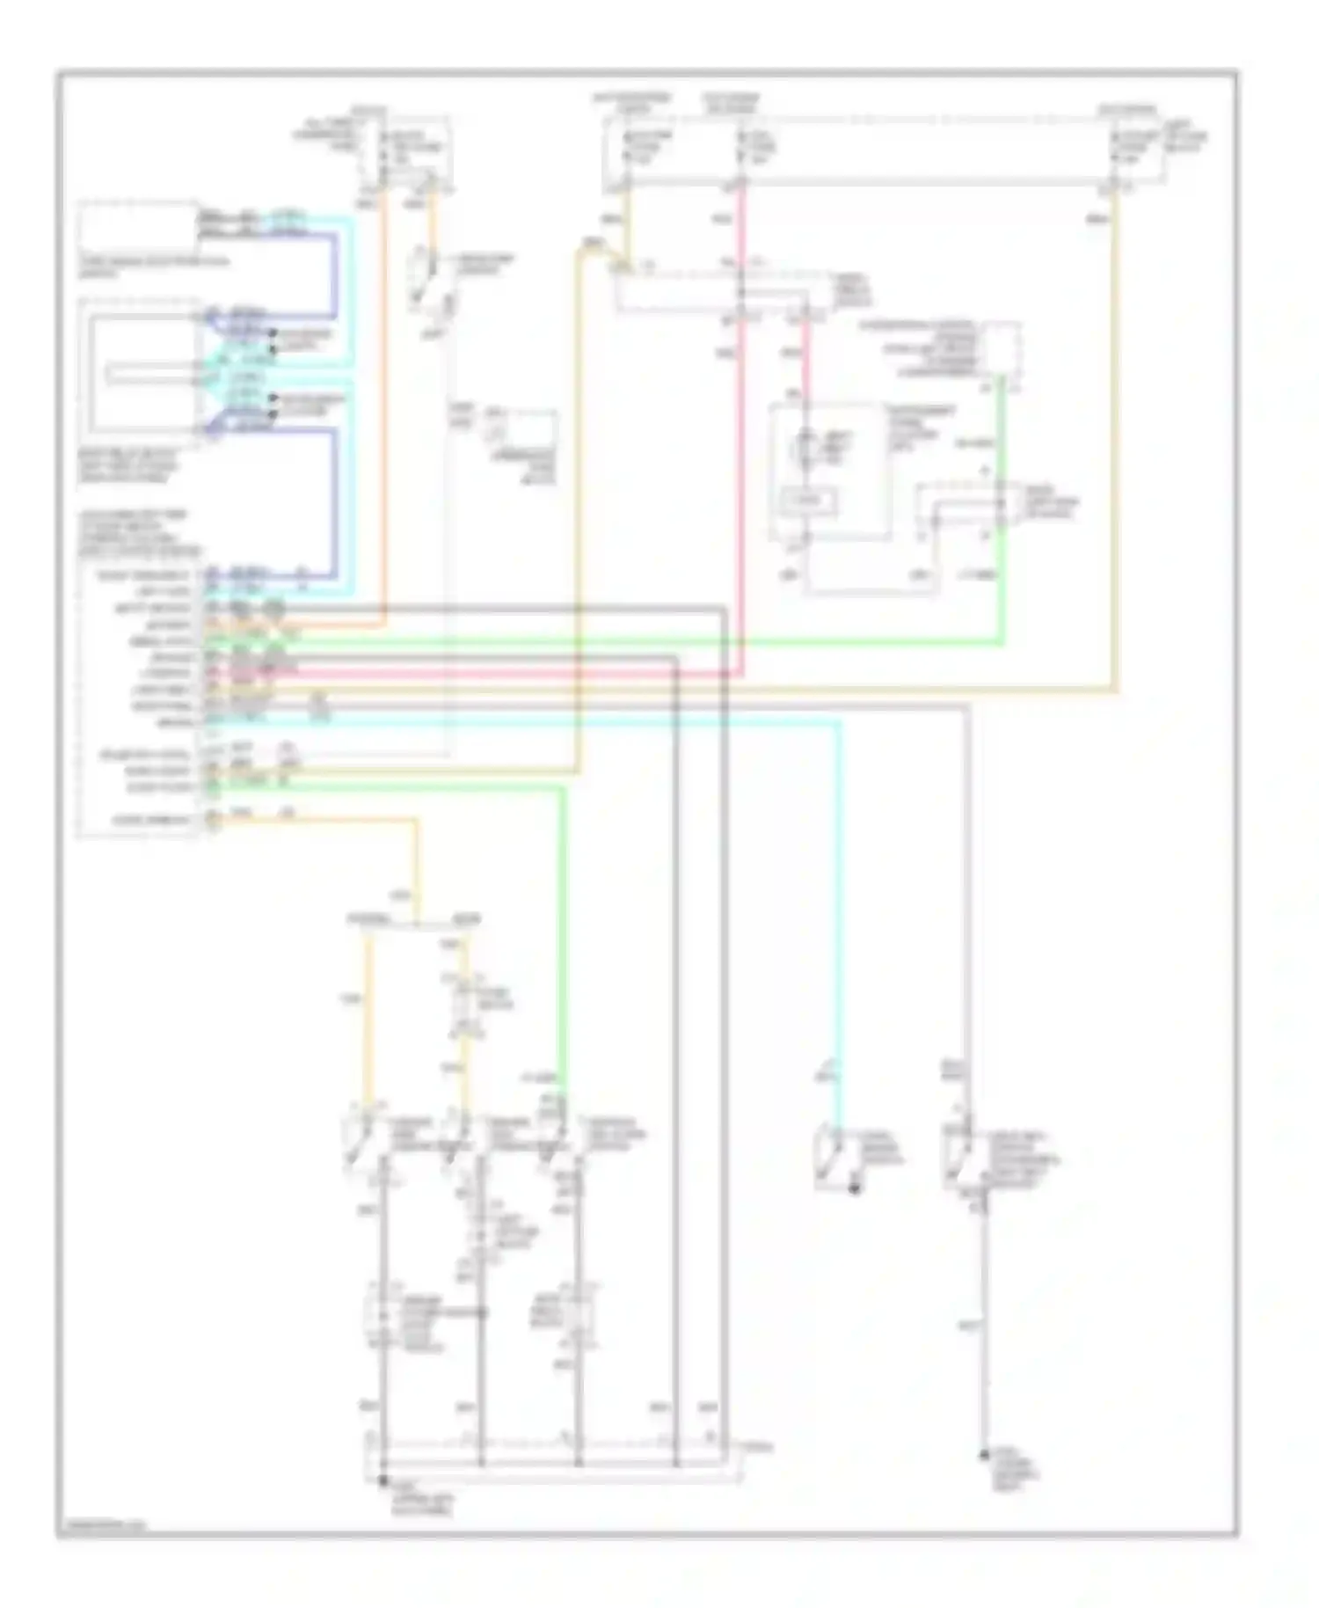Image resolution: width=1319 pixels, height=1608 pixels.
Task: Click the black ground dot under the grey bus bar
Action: click(x=383, y=1481)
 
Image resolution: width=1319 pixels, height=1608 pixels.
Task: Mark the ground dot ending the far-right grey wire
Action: click(x=985, y=1457)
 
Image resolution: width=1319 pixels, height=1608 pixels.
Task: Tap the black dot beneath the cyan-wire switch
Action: click(x=851, y=1189)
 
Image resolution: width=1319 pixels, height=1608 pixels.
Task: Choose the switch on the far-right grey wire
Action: click(x=958, y=1148)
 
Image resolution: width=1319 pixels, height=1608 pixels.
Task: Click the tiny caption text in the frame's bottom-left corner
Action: click(x=101, y=1526)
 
